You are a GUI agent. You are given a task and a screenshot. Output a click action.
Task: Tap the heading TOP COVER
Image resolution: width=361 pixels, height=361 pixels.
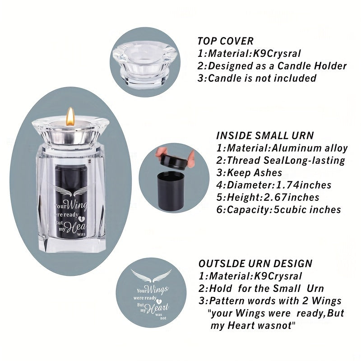tap(225, 41)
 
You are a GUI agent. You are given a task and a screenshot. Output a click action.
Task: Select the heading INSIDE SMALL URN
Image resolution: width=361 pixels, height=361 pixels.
tap(265, 135)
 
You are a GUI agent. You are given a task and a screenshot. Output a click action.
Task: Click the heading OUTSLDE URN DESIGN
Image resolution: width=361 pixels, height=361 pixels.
tap(255, 264)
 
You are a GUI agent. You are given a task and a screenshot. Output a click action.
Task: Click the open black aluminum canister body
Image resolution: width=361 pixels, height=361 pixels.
tap(171, 191)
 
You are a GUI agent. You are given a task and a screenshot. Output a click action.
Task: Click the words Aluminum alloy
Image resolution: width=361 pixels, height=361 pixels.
tap(310, 148)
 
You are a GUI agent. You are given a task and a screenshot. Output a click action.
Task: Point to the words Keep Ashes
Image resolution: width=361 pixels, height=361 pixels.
tap(255, 173)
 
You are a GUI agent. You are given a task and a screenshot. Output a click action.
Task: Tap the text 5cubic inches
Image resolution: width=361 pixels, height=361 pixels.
tap(307, 210)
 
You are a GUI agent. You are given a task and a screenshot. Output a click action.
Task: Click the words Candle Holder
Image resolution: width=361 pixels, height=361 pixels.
tap(312, 66)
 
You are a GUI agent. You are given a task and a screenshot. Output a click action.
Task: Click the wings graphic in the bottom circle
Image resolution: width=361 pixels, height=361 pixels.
tap(151, 276)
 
